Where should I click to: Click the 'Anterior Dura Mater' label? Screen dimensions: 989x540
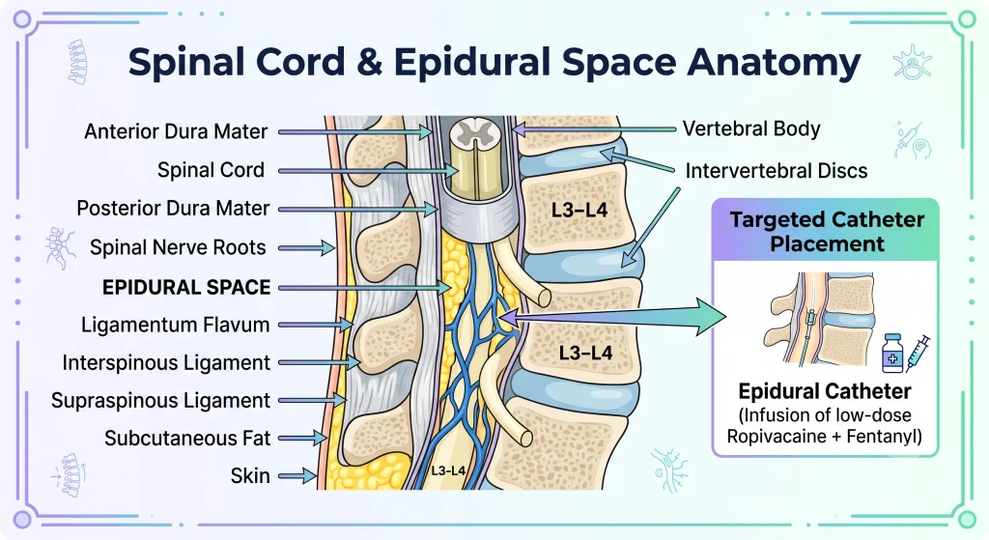click(176, 131)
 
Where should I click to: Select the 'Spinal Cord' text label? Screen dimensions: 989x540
click(211, 170)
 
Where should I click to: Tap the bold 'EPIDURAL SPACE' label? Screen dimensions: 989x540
click(186, 288)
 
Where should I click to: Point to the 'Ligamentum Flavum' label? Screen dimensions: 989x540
click(176, 325)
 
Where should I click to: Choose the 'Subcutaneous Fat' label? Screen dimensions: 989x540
click(187, 439)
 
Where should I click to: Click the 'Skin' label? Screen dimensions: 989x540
click(250, 475)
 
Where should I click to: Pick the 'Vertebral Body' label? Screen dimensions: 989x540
click(751, 128)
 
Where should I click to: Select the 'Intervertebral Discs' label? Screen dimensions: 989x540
click(777, 171)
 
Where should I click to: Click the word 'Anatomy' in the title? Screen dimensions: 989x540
click(775, 63)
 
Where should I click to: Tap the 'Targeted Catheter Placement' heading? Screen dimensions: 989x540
click(827, 232)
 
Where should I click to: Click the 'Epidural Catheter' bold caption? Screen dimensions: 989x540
click(825, 391)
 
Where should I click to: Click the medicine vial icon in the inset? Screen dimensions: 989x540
click(892, 354)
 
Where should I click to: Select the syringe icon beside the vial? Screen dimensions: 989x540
click(918, 354)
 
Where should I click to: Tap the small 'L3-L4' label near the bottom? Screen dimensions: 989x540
click(448, 470)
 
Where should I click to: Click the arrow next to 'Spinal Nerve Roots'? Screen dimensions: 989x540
click(306, 248)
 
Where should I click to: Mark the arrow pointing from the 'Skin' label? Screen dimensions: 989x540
click(297, 476)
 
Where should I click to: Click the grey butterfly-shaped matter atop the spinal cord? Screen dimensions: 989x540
click(468, 131)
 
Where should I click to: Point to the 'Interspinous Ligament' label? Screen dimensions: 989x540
click(166, 362)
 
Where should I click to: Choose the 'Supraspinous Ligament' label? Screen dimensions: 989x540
click(161, 401)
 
